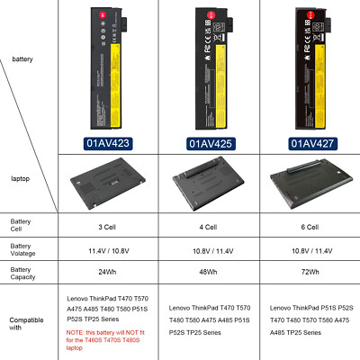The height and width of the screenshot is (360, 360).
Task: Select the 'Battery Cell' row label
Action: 21,224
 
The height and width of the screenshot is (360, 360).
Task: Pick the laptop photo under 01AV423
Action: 106,180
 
